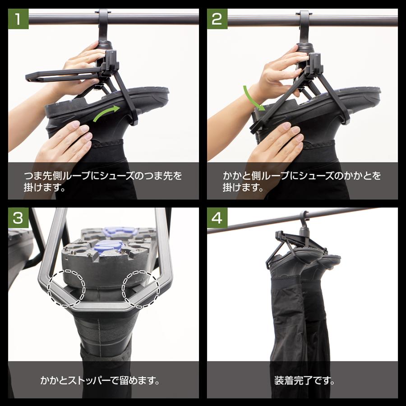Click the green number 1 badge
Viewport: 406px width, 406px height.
[x=18, y=18]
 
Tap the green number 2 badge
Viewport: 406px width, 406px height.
[x=217, y=18]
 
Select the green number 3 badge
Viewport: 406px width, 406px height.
[x=18, y=218]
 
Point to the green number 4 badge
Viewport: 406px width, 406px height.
[x=217, y=218]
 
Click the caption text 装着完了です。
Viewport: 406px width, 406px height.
[x=304, y=380]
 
